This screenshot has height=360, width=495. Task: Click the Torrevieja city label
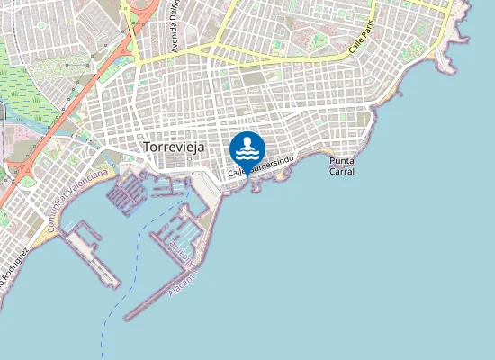tap(175, 147)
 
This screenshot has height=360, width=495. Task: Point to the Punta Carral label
tap(342, 166)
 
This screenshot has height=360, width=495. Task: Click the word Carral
tap(342, 171)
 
